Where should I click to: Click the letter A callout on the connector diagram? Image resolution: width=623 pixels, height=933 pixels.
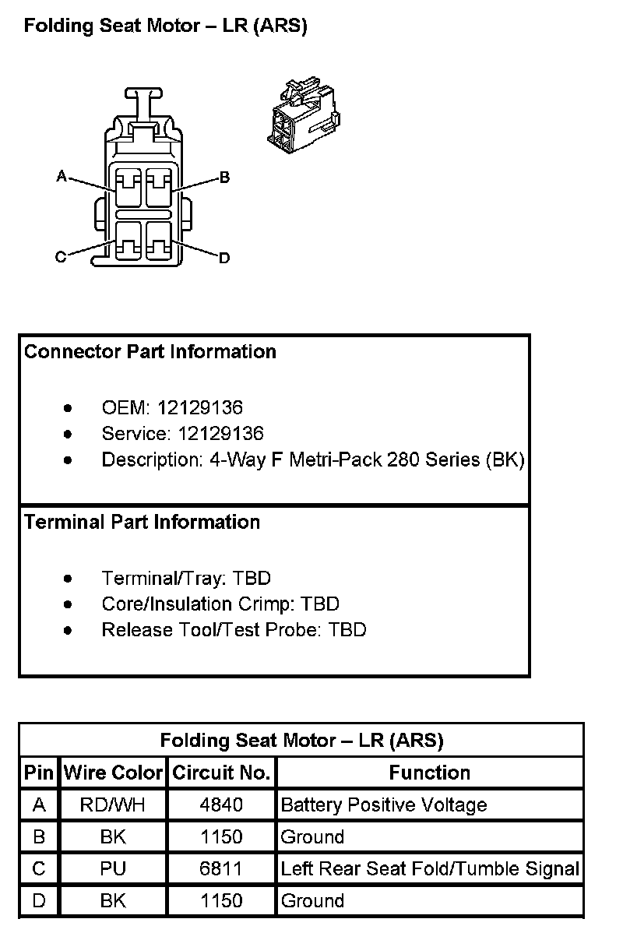pyautogui.click(x=61, y=176)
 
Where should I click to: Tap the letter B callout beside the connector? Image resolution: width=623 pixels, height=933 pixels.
pyautogui.click(x=224, y=178)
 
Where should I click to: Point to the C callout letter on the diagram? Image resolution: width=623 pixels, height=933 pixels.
pyautogui.click(x=61, y=258)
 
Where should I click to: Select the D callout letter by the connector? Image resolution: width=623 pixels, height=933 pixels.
pyautogui.click(x=224, y=258)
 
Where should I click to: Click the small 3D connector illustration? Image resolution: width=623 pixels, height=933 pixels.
pyautogui.click(x=302, y=113)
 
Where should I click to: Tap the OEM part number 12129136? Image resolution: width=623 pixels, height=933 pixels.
pyautogui.click(x=200, y=407)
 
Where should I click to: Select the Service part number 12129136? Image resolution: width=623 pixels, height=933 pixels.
pyautogui.click(x=220, y=433)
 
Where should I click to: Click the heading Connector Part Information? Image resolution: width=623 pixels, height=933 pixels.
pyautogui.click(x=150, y=352)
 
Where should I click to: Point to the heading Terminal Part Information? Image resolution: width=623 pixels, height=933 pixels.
pyautogui.click(x=142, y=522)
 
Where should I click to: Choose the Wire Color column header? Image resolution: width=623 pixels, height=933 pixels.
pyautogui.click(x=113, y=773)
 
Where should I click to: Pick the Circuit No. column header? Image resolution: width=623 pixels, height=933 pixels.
pyautogui.click(x=221, y=773)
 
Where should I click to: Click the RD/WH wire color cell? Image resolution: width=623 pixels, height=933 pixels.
pyautogui.click(x=113, y=804)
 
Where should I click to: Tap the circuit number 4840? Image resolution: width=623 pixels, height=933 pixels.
pyautogui.click(x=221, y=804)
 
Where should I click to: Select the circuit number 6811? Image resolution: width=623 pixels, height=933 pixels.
pyautogui.click(x=221, y=868)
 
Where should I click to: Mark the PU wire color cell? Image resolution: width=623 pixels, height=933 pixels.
pyautogui.click(x=113, y=868)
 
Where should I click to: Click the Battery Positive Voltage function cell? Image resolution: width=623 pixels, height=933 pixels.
pyautogui.click(x=384, y=804)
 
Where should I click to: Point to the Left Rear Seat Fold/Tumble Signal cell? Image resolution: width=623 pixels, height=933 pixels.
pyautogui.click(x=430, y=868)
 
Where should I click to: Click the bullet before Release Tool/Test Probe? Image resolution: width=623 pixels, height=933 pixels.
pyautogui.click(x=69, y=630)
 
